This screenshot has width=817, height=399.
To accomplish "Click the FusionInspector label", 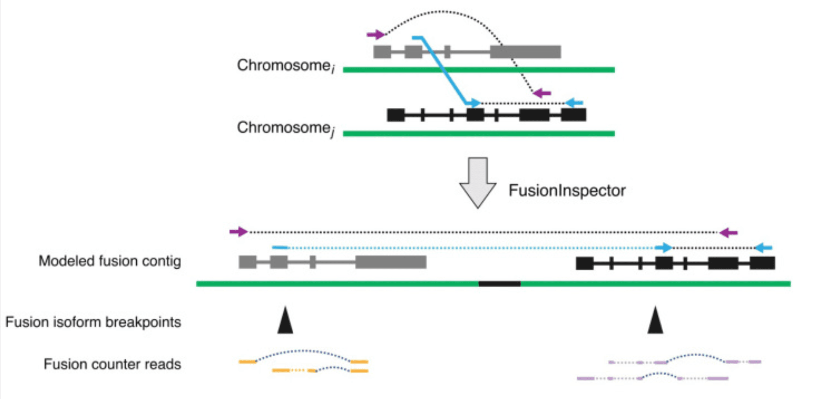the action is point(567,191).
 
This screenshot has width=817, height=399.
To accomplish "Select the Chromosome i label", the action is point(286,66).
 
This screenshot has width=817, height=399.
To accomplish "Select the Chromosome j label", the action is point(286,129).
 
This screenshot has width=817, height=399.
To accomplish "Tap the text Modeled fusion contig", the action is point(109,261).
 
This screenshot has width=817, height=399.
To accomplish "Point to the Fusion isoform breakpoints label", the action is point(93,322).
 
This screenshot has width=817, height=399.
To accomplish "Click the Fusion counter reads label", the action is point(112,364).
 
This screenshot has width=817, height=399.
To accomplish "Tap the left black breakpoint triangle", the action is point(285,320).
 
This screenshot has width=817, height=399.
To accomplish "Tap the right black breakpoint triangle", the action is point(655,320).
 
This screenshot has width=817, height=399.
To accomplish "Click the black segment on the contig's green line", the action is point(500,284).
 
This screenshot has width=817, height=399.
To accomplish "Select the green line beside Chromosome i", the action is point(478,70).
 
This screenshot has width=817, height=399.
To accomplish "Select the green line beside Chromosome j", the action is point(478,133).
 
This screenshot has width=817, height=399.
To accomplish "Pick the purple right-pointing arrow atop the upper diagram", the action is point(376,34).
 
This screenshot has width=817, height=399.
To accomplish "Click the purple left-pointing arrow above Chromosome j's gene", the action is point(542,93).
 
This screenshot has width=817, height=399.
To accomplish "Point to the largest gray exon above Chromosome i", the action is point(525,52).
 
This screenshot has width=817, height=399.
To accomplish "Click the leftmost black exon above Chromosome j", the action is point(396,115).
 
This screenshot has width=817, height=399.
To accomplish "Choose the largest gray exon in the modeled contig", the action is point(391,262).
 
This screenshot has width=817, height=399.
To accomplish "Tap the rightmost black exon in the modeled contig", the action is point(762,263).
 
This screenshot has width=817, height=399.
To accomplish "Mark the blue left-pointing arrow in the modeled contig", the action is point(764,248).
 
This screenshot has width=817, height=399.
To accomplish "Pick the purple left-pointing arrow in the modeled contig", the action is point(728,232).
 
